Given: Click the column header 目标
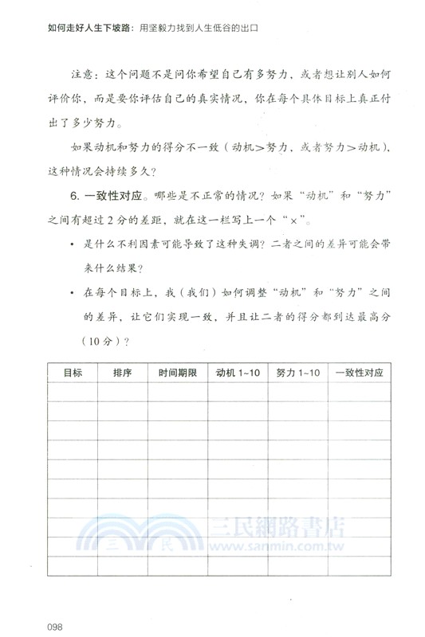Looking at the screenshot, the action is click(x=62, y=372).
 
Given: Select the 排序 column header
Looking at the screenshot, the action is click(x=123, y=372).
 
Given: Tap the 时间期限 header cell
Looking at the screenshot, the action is click(x=177, y=372).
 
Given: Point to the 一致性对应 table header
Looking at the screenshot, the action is click(x=360, y=372).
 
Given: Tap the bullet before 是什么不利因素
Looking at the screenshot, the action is click(x=71, y=244).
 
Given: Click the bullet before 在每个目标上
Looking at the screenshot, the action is click(x=71, y=294).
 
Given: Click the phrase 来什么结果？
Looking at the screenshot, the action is click(x=108, y=268).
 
